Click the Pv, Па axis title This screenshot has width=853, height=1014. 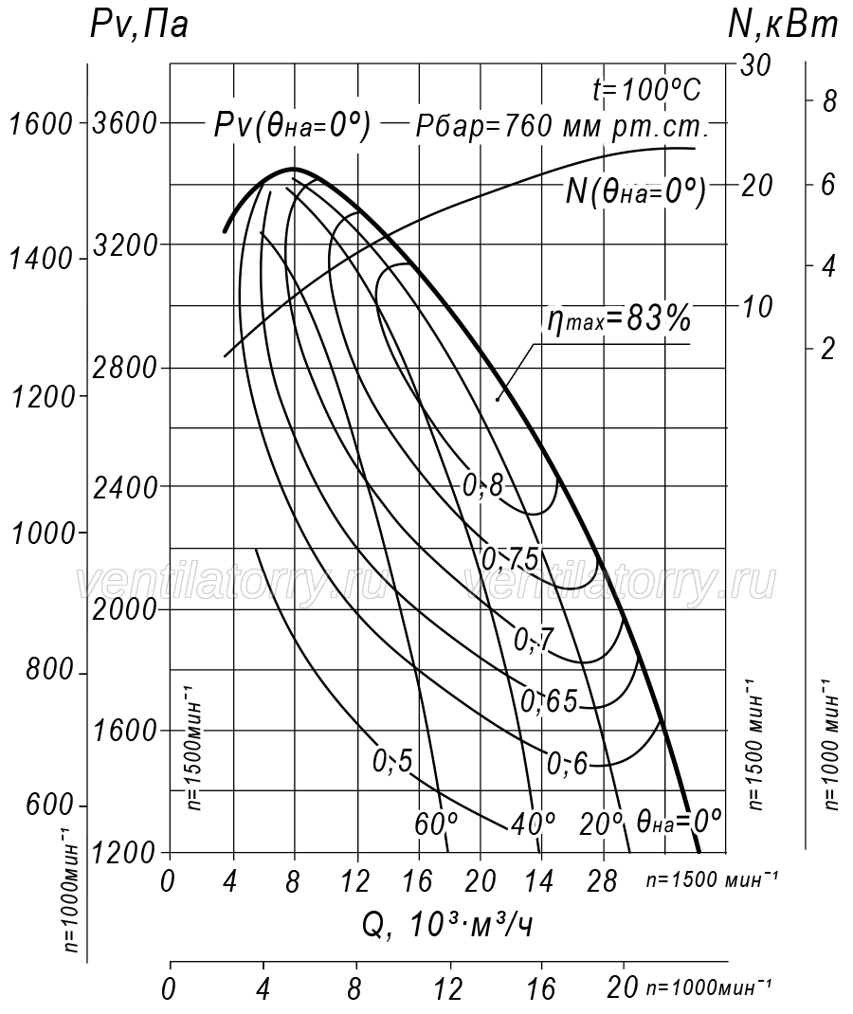pyautogui.click(x=139, y=26)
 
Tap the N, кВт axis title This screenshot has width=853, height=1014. pyautogui.click(x=783, y=26)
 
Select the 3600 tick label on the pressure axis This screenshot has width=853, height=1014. pyautogui.click(x=125, y=122)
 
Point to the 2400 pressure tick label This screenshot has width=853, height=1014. pyautogui.click(x=125, y=487)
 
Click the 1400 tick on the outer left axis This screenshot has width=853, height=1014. pyautogui.click(x=41, y=259)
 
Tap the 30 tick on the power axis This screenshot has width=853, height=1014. pyautogui.click(x=754, y=65)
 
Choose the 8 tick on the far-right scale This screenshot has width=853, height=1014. pyautogui.click(x=828, y=100)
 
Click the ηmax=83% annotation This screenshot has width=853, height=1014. pyautogui.click(x=619, y=319)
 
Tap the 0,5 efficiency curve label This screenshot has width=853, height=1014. pyautogui.click(x=391, y=761)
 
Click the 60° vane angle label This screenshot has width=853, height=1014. pyautogui.click(x=437, y=824)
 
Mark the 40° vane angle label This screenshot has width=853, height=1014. pyautogui.click(x=533, y=824)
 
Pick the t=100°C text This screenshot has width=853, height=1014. pyautogui.click(x=646, y=91)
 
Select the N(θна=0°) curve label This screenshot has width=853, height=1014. pyautogui.click(x=635, y=191)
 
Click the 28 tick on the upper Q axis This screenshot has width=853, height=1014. pyautogui.click(x=604, y=880)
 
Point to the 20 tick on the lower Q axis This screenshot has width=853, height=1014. pyautogui.click(x=624, y=988)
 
